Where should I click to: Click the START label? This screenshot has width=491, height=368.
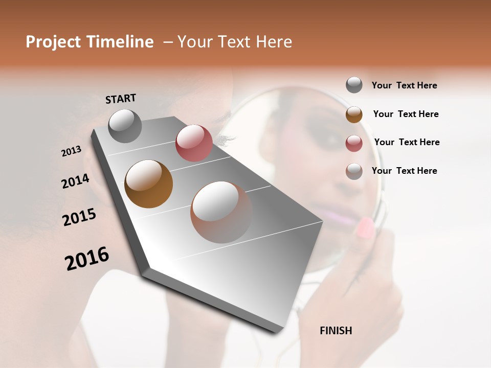[x=121, y=98]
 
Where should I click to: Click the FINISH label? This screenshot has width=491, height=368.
[x=336, y=331]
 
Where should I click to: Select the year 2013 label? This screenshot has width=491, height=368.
[x=71, y=151]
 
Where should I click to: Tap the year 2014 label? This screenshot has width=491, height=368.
[x=75, y=181]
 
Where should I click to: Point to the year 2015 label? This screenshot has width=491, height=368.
[x=79, y=217]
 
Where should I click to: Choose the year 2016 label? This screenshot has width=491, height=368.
[x=87, y=259]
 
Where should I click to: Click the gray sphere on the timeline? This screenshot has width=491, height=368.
[x=125, y=126]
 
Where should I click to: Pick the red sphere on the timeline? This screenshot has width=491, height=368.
[x=194, y=143]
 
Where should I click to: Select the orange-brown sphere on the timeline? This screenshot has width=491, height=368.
[x=148, y=184]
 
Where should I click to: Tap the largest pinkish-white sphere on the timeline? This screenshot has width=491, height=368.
[x=221, y=212]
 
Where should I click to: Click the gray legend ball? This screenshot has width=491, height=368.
[x=354, y=85]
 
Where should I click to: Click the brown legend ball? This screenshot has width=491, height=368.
[x=354, y=114]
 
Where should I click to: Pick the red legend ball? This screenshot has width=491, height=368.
[x=354, y=143]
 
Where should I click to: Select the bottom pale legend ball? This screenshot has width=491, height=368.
[x=354, y=171]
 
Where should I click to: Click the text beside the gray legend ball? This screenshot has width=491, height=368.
[x=404, y=86]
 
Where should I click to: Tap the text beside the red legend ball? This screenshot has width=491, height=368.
[x=407, y=142]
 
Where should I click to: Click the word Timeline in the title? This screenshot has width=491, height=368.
[x=120, y=42]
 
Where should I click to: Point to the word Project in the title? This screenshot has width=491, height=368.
[x=54, y=42]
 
